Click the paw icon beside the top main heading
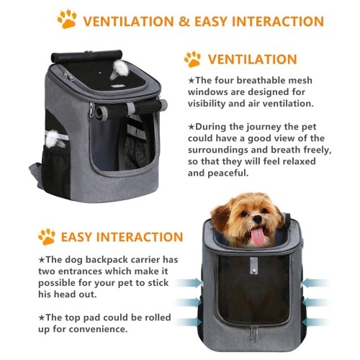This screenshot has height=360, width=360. tap(67, 19)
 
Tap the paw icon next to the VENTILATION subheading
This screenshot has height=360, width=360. tap(192, 59)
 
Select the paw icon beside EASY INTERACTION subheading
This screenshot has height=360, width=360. tap(47, 237)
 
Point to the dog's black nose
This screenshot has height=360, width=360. tap(258, 219)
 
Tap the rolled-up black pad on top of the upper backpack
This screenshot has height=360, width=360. tap(86, 56)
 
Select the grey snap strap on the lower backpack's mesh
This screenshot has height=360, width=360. tap(254, 266)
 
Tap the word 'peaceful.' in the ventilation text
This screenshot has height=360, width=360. tap(228, 173)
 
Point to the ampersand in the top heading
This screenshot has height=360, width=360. tap(184, 21)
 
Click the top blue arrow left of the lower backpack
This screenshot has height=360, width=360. tap(189, 283)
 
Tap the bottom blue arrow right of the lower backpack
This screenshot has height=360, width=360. tap(315, 322)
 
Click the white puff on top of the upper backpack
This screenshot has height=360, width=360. tap(121, 68)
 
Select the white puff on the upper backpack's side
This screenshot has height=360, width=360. tap(53, 139)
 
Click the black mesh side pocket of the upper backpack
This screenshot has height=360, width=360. tap(55, 171)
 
